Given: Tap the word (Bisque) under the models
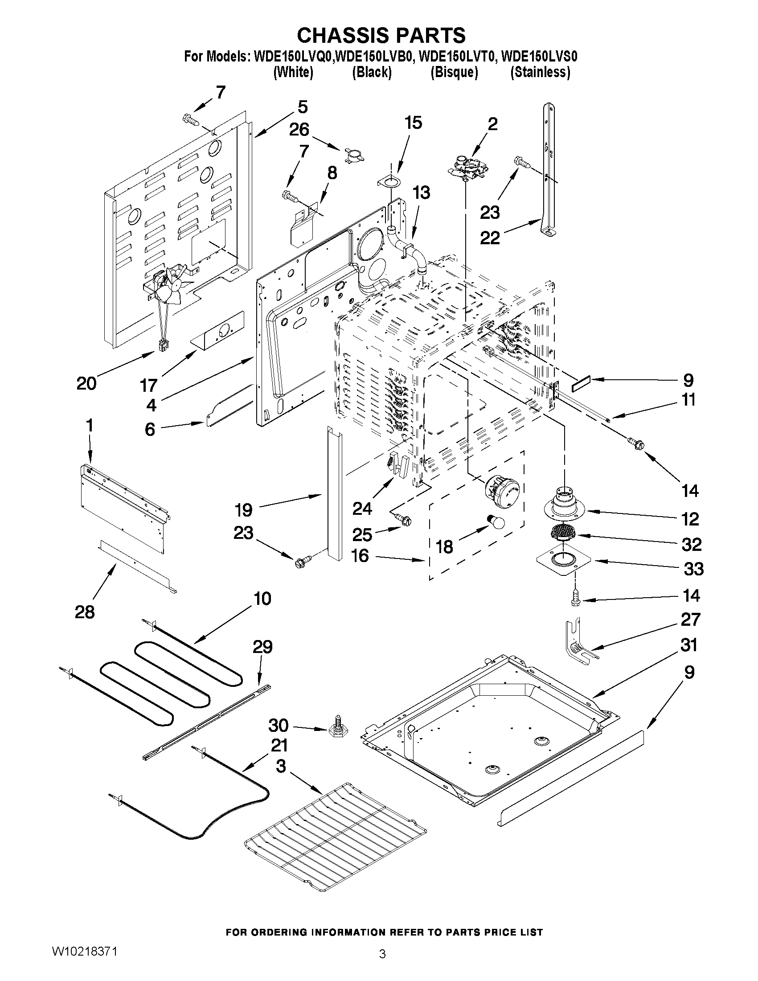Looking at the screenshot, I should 454,72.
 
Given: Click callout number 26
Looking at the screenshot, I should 299,130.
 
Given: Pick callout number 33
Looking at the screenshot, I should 693,569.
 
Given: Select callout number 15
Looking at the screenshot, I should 413,123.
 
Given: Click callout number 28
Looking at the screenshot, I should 84,612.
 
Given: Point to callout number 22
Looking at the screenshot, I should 489,238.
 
